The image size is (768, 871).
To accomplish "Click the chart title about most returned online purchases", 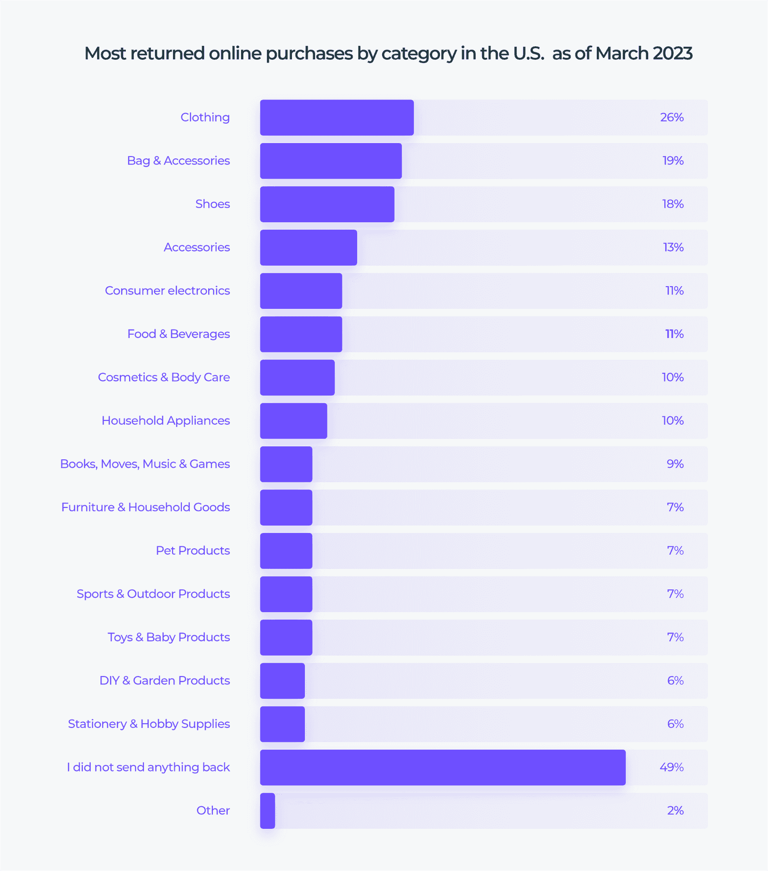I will [x=388, y=54].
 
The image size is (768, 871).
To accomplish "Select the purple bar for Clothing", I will [x=337, y=118].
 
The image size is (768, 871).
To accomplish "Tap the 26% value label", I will [x=672, y=118].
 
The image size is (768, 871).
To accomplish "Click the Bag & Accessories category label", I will [x=178, y=161].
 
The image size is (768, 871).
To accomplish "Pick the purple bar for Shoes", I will [x=327, y=204].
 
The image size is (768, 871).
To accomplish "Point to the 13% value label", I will [x=673, y=247].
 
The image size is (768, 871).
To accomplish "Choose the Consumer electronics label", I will [x=167, y=291].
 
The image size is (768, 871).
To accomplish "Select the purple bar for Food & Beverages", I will [x=301, y=334].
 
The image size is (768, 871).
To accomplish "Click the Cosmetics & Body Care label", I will [x=164, y=377].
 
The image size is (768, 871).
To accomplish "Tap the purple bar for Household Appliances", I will [x=293, y=421].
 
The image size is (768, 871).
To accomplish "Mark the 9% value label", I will [x=675, y=464].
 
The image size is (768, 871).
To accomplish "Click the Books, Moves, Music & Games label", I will [x=145, y=464].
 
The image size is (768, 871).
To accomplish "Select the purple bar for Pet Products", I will [x=286, y=551].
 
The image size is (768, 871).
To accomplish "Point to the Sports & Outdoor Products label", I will [x=153, y=594].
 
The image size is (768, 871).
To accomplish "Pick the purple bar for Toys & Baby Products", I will [x=286, y=638].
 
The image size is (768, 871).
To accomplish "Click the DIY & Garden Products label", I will [x=165, y=681].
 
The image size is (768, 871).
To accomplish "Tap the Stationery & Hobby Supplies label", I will [x=149, y=724].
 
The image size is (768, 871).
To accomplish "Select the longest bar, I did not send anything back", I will [x=442, y=767].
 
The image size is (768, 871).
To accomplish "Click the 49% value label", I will [x=672, y=767].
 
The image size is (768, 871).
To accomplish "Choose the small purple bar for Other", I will [x=267, y=811].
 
